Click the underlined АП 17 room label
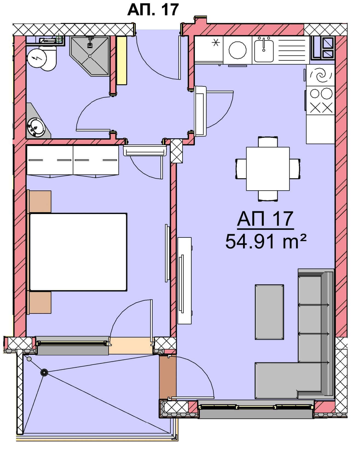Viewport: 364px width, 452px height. pyautogui.click(x=265, y=219)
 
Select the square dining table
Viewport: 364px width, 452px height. pyautogui.click(x=268, y=169)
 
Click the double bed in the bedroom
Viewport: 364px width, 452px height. pyautogui.click(x=78, y=252)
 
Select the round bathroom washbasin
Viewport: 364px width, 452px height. pyautogui.click(x=36, y=127)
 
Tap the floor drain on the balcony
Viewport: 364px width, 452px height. pyautogui.click(x=44, y=372)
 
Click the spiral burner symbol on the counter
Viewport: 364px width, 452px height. pyautogui.click(x=321, y=75)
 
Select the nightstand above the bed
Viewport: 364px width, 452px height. pyautogui.click(x=40, y=202)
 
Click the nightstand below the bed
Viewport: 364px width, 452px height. pyautogui.click(x=40, y=303)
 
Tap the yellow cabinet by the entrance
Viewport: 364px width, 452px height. pyautogui.click(x=122, y=60)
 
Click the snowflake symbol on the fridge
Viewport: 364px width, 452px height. pyautogui.click(x=216, y=43)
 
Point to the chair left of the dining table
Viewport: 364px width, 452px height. pyautogui.click(x=241, y=169)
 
